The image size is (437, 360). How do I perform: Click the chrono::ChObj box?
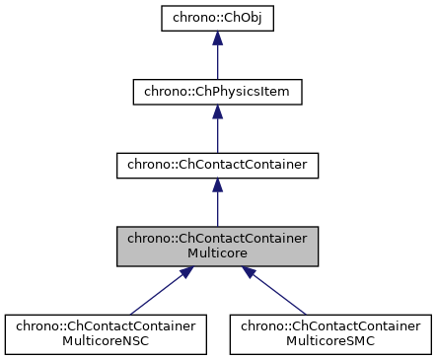click(x=217, y=19)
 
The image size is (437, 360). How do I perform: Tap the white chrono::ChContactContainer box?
click(x=217, y=165)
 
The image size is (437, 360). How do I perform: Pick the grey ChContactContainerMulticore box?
click(x=217, y=245)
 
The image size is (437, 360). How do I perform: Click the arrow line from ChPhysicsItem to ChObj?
click(x=217, y=61)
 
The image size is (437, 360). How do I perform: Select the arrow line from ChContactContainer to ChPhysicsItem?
click(x=217, y=134)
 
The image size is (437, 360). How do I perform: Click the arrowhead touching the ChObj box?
click(x=217, y=39)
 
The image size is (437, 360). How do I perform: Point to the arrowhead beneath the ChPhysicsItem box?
click(x=217, y=112)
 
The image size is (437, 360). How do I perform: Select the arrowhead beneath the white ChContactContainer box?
click(x=217, y=185)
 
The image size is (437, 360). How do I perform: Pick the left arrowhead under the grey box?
click(x=182, y=273)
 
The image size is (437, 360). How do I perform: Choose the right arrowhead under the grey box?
click(x=252, y=273)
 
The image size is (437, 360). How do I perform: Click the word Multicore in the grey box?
click(x=217, y=252)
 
